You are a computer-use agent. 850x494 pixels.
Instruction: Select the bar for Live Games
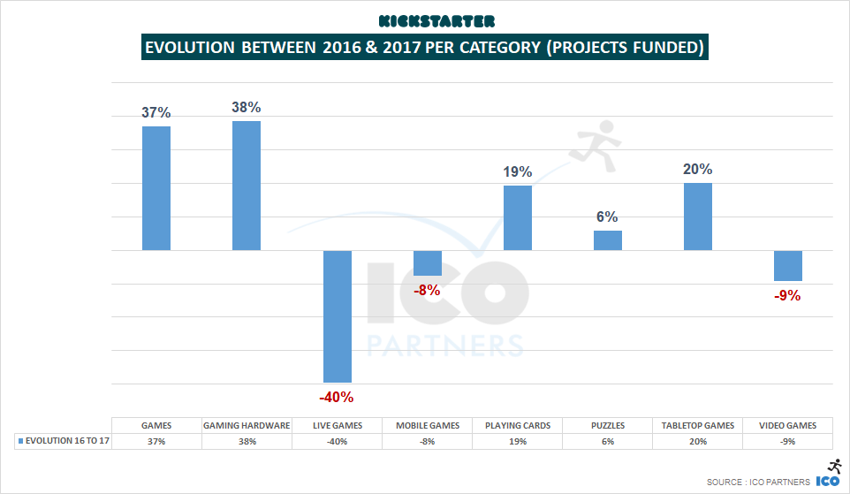coord(338,316)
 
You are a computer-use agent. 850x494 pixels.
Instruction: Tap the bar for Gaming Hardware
coord(247,186)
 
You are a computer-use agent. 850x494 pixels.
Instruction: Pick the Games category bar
coord(156,188)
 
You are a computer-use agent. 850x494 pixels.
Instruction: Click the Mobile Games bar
coord(428,263)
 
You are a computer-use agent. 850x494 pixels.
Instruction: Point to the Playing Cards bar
coord(518,218)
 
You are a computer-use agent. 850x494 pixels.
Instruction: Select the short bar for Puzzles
coord(608,240)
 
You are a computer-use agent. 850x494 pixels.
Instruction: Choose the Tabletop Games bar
coord(698,217)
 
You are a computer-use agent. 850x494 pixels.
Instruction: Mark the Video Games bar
coord(788,266)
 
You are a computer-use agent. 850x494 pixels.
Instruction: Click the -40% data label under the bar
coord(338,397)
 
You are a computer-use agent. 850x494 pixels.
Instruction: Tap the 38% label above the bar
coord(247,107)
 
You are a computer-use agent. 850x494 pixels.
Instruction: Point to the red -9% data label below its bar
coord(786,296)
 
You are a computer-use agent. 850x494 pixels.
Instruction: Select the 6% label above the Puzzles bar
coord(607,217)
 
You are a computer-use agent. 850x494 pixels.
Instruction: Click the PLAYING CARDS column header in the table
coord(518,425)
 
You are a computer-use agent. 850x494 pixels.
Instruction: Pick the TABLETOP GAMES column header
coord(698,425)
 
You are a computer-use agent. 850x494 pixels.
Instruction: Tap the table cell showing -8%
coord(428,441)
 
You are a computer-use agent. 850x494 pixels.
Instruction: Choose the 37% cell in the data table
coord(156,441)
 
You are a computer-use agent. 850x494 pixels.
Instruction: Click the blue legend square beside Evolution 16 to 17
coord(20,441)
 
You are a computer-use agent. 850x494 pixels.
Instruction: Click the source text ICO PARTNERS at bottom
coord(775,482)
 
